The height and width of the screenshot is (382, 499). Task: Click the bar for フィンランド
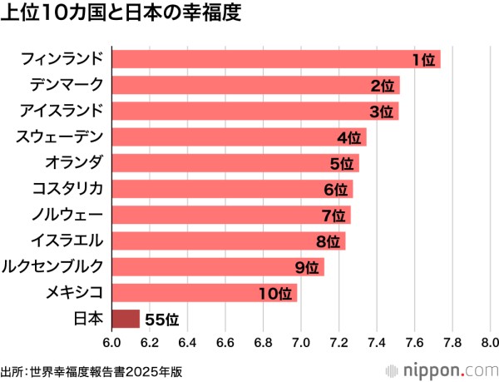coord(274,59)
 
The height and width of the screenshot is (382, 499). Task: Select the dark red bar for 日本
coord(126,319)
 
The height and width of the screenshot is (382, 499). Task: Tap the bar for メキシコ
coord(204,293)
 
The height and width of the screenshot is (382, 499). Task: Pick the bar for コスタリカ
coord(232,189)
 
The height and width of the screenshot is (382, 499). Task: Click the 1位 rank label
coord(423,60)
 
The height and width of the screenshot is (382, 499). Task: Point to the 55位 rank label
coord(161,320)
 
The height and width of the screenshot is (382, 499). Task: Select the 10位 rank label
coord(275,294)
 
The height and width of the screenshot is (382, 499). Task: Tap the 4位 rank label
coord(348,137)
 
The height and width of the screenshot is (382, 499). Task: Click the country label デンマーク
coord(66,85)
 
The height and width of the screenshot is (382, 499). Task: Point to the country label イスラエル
coord(66,241)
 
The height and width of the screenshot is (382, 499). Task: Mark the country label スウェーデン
coord(60,137)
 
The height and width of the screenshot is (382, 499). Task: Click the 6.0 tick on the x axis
coord(111,341)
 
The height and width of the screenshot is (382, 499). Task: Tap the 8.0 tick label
coord(489,341)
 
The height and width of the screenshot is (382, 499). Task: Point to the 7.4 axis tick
coord(376,341)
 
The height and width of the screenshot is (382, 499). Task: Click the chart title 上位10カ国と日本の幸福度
coord(121,16)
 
